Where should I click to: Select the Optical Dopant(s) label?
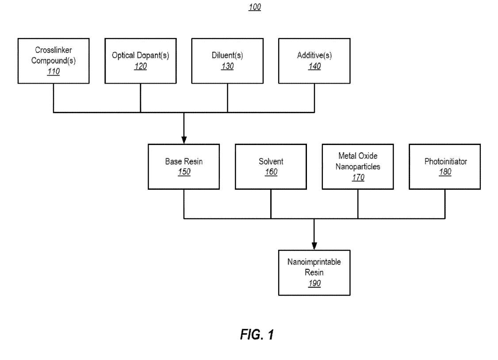coord(140,56)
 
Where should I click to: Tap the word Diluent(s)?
coord(227,56)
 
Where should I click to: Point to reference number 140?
coord(314,67)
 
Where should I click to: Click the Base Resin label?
coord(184,161)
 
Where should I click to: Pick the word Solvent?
coord(271,161)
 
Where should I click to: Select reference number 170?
coord(358,177)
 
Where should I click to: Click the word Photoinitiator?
coord(444,161)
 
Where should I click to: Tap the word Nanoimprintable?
coord(314,262)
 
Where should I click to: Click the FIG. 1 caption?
coord(257,335)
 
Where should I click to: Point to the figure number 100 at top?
coord(255,8)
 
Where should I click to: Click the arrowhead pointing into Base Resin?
coord(184,141)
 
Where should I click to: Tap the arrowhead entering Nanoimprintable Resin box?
coord(314,246)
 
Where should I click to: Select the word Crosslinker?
coord(53,50)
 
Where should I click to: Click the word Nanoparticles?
coord(358,167)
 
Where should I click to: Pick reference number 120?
coord(140,67)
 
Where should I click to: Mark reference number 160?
coord(271,172)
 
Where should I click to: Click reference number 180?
coord(444,172)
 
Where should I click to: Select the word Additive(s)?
coord(314,56)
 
